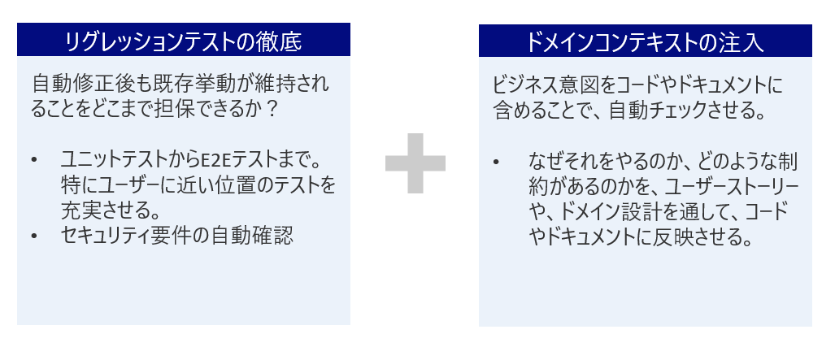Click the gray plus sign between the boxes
pos(415,163)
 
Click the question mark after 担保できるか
pos(272,111)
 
